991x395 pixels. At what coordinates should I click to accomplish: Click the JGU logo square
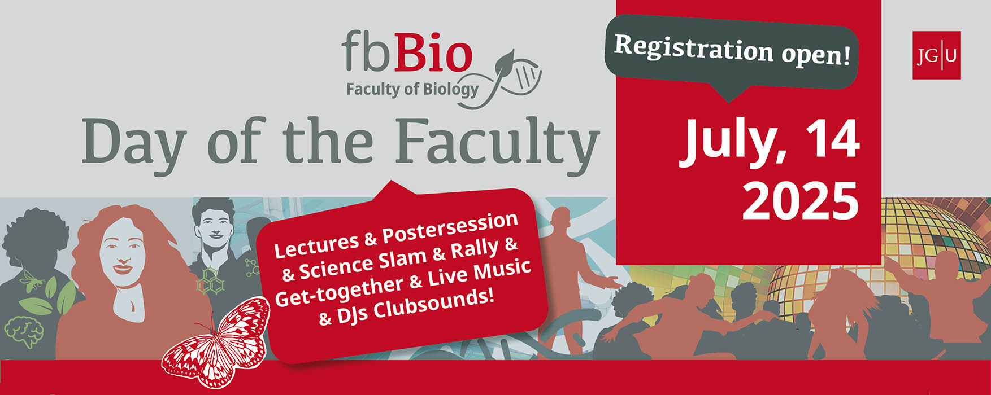(936, 55)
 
